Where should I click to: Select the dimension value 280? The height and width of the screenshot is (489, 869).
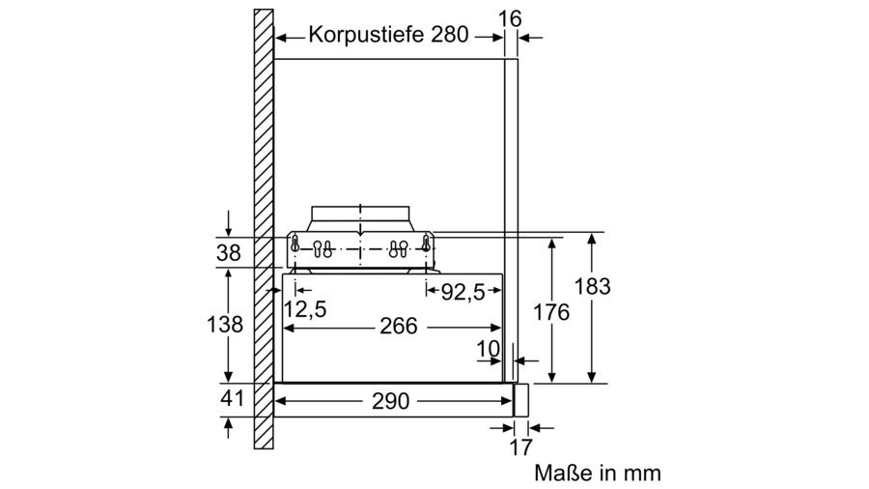pos(449,35)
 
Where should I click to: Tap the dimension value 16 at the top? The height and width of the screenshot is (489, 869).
pos(510,19)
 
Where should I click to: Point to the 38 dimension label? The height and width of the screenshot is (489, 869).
pos(228,253)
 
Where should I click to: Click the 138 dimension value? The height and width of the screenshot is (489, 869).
pos(224,325)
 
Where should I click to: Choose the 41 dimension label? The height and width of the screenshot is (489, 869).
pos(232,397)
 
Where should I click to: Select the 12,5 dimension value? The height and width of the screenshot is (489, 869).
pos(305,309)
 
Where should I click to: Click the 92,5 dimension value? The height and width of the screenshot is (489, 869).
pos(463,292)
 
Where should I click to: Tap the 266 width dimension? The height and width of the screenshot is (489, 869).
pos(399,326)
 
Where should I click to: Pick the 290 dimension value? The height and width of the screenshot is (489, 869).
pos(391,401)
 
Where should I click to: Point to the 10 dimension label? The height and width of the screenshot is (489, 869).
pos(489,349)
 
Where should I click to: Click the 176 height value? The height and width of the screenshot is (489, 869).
pos(551,312)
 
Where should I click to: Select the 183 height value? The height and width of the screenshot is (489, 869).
pos(592,287)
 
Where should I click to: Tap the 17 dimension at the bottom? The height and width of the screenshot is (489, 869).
pos(520,447)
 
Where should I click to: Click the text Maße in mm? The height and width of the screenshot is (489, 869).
pos(598,473)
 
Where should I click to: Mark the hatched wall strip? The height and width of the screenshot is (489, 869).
pos(264,229)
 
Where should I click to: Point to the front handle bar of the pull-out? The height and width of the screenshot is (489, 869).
pos(520,400)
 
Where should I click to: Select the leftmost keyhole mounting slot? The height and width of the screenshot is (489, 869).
pos(295,243)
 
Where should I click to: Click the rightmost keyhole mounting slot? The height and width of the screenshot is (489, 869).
pos(426,243)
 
